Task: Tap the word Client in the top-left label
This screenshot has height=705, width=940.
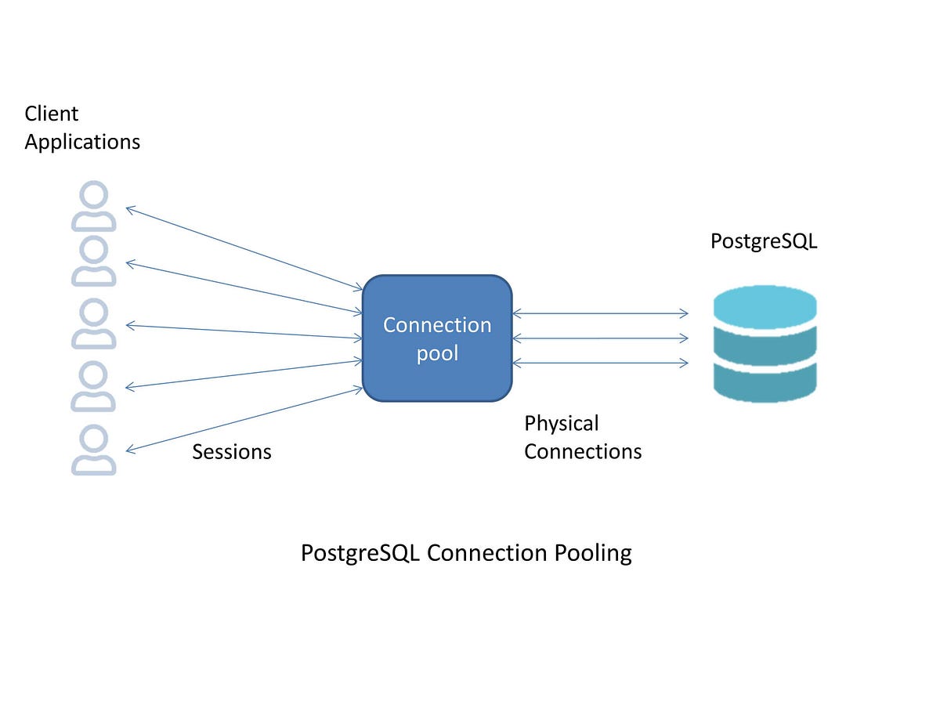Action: pos(52,114)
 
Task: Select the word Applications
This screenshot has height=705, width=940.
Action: pos(82,142)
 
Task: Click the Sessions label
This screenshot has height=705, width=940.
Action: pos(232,452)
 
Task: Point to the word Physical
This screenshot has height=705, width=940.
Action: pos(562,424)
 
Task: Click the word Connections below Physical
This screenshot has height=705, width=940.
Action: pos(583,452)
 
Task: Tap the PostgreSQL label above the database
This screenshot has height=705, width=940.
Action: pos(764,241)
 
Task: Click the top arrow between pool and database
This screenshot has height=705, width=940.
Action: pos(600,314)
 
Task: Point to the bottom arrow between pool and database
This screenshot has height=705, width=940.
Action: pos(600,363)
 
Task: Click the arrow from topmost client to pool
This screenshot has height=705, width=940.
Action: pos(243,248)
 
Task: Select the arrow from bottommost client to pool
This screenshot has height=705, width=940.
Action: pos(243,420)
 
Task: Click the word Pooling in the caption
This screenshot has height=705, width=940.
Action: pos(593,553)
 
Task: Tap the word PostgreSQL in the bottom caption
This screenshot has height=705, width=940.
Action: pos(361,553)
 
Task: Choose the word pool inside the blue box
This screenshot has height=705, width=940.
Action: pos(437,353)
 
